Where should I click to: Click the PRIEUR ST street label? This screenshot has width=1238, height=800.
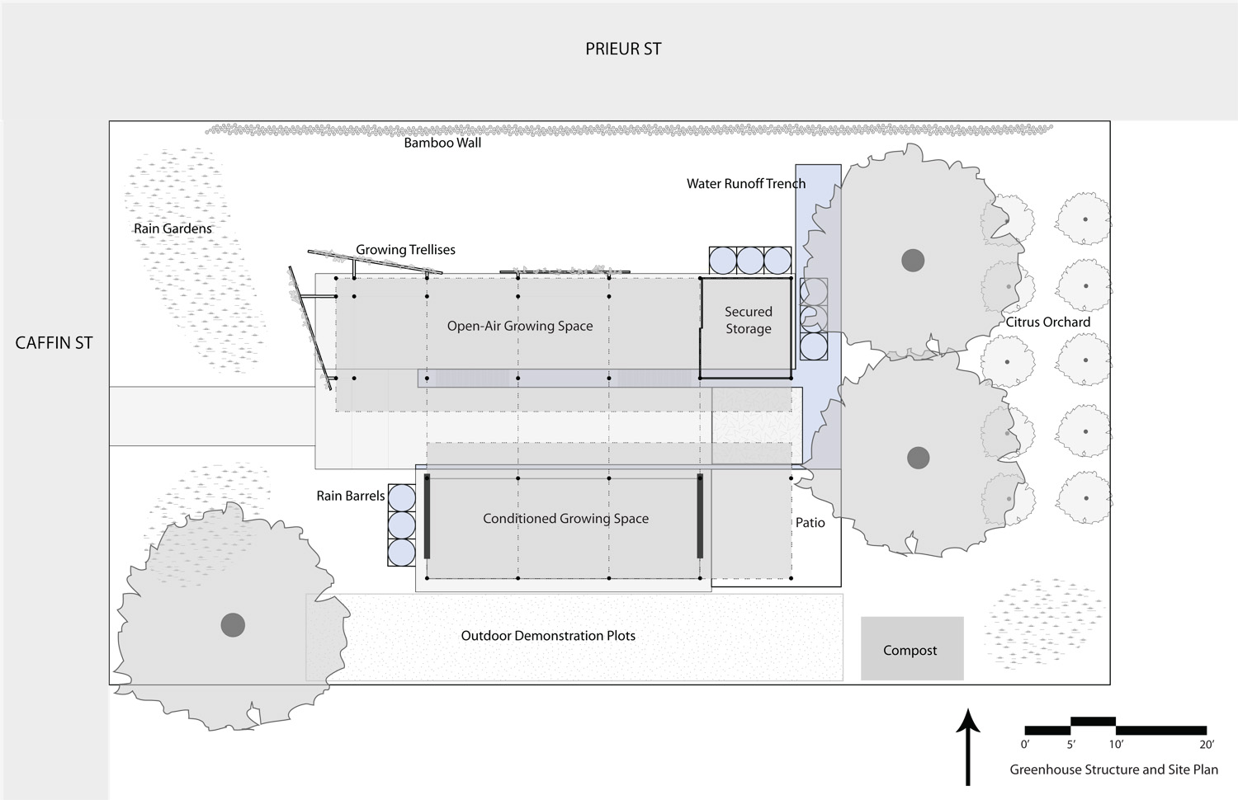[x=623, y=49]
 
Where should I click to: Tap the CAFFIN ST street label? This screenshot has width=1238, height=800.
[x=54, y=343]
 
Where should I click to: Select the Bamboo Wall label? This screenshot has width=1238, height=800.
[x=442, y=143]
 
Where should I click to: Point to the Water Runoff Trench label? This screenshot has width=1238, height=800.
[x=745, y=184]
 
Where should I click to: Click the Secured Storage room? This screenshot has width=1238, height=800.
[x=745, y=328]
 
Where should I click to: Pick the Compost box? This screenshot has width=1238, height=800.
[x=912, y=648]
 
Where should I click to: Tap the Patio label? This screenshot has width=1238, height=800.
[x=810, y=523]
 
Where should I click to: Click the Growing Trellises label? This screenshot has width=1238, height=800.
[x=405, y=250]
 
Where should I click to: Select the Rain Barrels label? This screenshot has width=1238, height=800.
[x=351, y=496]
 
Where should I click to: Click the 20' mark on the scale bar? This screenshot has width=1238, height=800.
[x=1207, y=744]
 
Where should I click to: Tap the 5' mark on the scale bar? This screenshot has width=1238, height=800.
[x=1071, y=744]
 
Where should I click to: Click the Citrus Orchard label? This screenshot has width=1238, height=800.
[x=1047, y=322]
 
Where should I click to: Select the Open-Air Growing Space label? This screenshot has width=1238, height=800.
[x=519, y=327]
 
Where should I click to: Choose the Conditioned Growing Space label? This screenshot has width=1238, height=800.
[x=565, y=519]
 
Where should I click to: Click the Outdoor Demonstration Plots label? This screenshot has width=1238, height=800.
[x=548, y=636]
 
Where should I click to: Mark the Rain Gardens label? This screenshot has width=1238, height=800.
[x=172, y=228]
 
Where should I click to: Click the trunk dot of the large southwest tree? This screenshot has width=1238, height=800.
[x=233, y=625]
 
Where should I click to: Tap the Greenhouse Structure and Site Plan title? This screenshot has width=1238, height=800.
[x=1113, y=769]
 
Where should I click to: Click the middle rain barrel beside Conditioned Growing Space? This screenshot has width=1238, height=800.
[x=401, y=525]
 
